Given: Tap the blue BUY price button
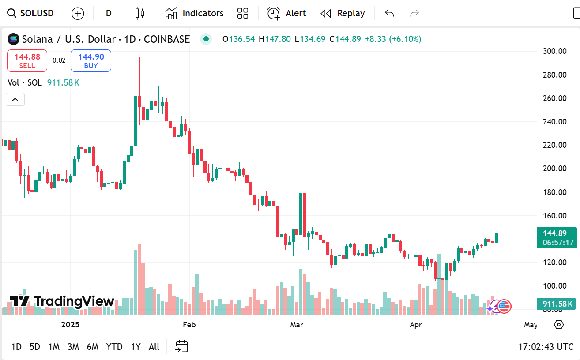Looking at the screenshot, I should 91,61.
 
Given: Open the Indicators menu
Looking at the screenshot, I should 195,13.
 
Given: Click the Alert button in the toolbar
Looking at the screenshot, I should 286,13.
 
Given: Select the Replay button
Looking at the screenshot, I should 343,13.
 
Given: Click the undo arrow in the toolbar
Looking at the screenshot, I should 389,13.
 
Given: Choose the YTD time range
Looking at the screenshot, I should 114,347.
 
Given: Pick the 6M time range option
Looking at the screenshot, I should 93,347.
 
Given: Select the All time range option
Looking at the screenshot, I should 154,347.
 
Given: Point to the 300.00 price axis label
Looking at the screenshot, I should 554,51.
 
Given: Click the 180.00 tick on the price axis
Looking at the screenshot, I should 554,192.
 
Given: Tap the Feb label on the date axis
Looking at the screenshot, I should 189,325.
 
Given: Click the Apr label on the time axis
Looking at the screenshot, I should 416,325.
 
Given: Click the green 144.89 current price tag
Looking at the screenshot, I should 557,234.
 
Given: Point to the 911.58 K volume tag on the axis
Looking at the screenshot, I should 557,304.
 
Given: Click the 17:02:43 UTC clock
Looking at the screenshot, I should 546,347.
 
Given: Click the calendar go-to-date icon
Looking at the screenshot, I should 181,347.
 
